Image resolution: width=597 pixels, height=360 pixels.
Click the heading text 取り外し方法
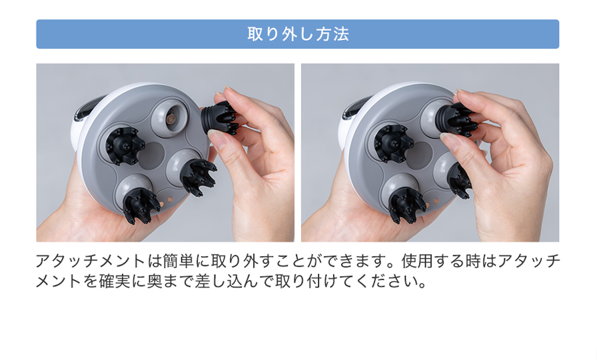pos(298,34)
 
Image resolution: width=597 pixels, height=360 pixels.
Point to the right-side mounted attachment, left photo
pos(197,174)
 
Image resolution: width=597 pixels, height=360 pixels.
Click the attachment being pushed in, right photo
pos(458,119)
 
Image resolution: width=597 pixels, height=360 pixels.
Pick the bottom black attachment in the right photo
pos(406,203)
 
